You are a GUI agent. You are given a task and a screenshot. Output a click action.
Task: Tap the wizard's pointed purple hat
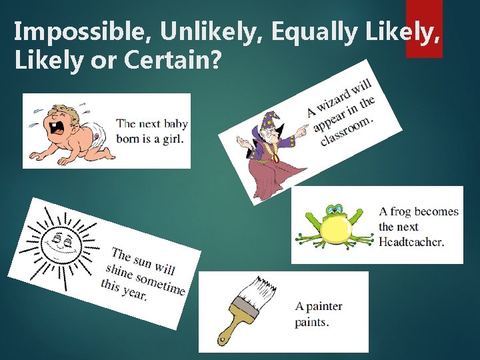click(270, 121)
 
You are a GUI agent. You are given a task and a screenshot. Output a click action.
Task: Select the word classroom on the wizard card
click(347, 131)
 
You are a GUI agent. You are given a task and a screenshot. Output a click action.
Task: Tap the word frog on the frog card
click(400, 212)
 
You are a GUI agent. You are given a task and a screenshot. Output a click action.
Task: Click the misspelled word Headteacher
click(411, 242)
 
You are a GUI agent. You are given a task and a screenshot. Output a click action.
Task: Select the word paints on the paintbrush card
click(312, 322)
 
